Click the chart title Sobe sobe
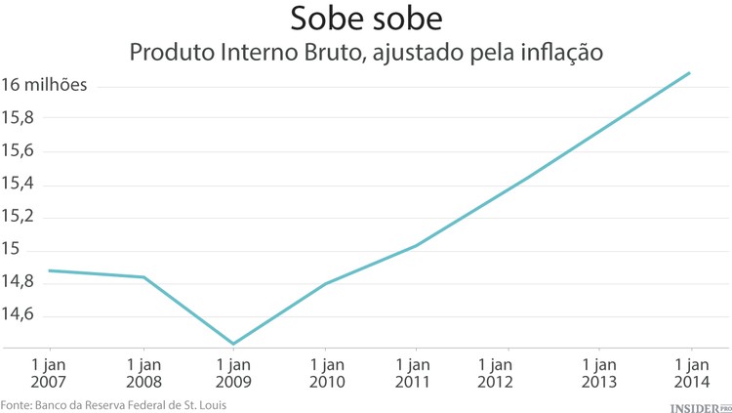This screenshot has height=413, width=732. [x=365, y=20]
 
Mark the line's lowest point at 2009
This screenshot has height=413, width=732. [x=233, y=344]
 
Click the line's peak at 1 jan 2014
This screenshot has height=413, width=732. [x=691, y=72]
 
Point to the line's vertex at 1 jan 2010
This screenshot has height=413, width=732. [x=324, y=283]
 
